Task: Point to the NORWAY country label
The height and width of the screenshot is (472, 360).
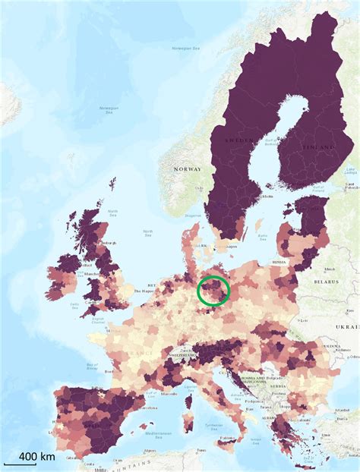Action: point(186,168)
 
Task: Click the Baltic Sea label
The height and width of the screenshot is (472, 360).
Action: point(263,237)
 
